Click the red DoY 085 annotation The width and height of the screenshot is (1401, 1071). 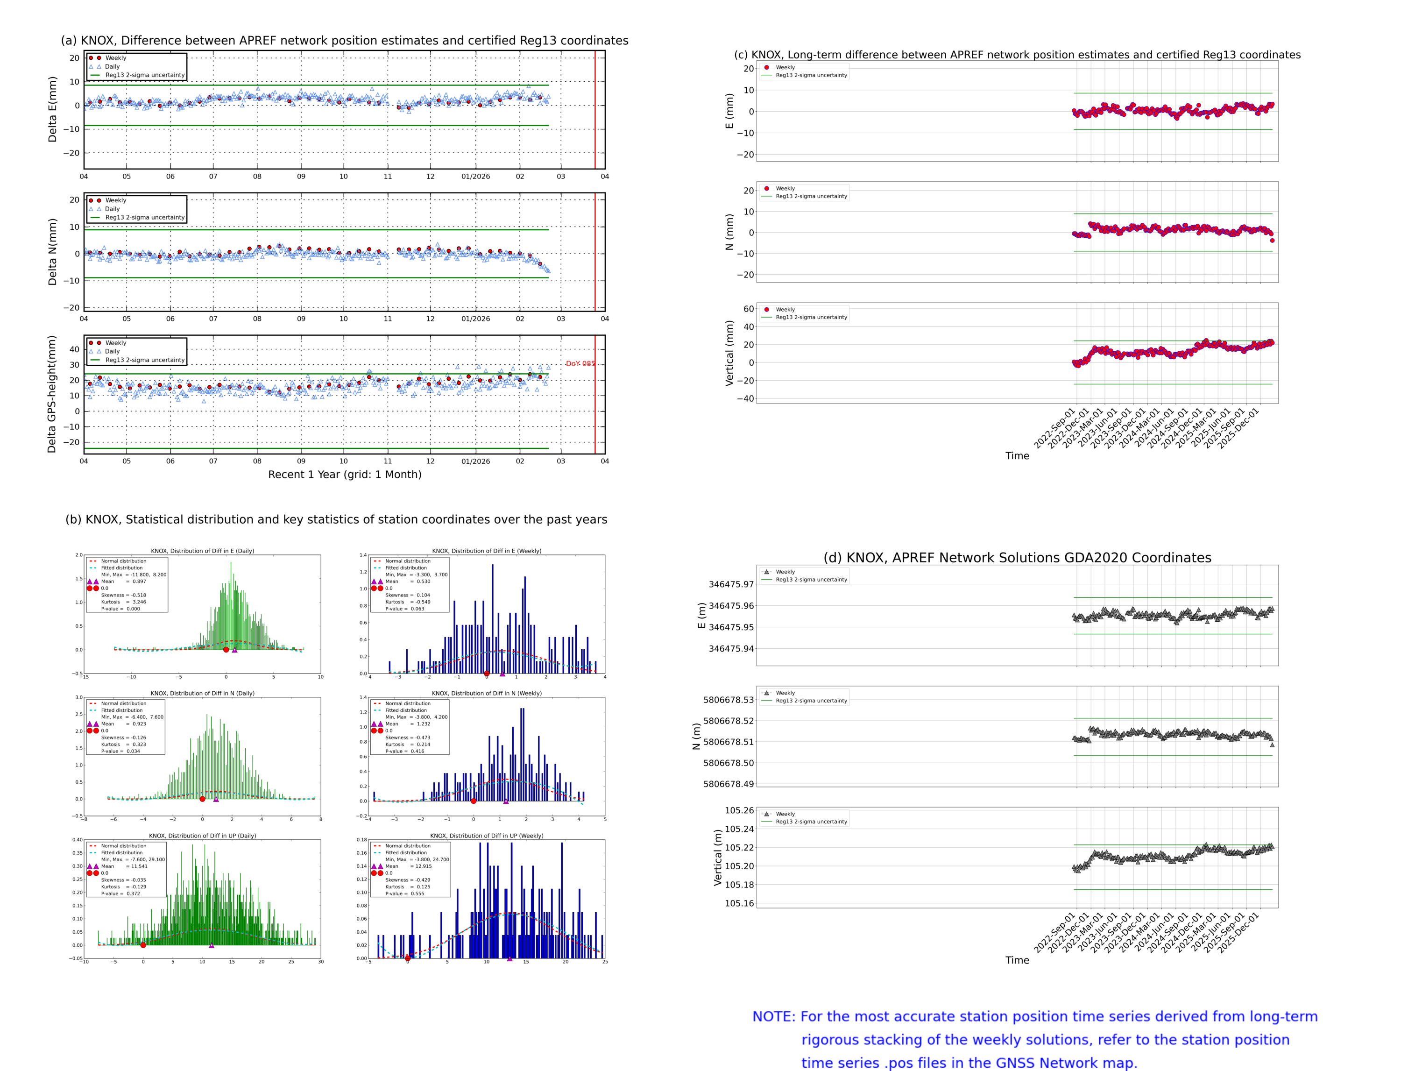pyautogui.click(x=580, y=364)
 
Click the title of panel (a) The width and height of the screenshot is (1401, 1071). pyautogui.click(x=344, y=41)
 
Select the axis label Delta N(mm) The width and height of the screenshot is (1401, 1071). pyautogui.click(x=52, y=252)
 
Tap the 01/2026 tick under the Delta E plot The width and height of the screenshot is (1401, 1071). pyautogui.click(x=475, y=177)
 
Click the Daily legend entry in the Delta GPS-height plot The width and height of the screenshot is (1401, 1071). pyautogui.click(x=112, y=351)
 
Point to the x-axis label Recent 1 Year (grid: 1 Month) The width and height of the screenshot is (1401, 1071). pyautogui.click(x=344, y=474)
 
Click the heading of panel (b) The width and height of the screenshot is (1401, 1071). pyautogui.click(x=336, y=519)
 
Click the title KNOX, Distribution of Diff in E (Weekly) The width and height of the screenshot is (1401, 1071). pyautogui.click(x=486, y=551)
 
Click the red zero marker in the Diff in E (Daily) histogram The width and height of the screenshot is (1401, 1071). pyautogui.click(x=226, y=650)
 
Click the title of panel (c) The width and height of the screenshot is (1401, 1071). pyautogui.click(x=1017, y=55)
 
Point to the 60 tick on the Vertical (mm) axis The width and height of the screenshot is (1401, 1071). pyautogui.click(x=748, y=309)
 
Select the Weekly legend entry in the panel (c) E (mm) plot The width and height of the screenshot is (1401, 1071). pyautogui.click(x=785, y=68)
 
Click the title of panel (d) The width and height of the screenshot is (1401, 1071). pyautogui.click(x=1017, y=558)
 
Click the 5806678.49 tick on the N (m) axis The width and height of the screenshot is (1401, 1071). pyautogui.click(x=728, y=784)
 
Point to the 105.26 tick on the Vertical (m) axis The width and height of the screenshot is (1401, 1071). pyautogui.click(x=739, y=811)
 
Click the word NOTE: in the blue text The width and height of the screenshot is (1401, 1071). pyautogui.click(x=773, y=1017)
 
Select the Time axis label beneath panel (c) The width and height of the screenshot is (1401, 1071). pyautogui.click(x=1017, y=456)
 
